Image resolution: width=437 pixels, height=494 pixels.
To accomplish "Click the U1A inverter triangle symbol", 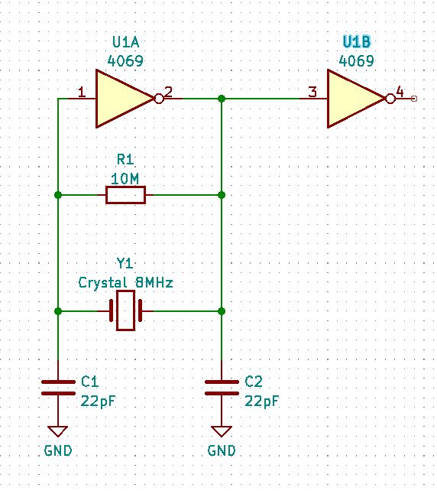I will point(122,99).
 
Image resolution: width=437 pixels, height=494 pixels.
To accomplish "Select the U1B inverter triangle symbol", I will point(354,99).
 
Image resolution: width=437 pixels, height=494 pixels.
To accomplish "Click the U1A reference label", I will point(125,42).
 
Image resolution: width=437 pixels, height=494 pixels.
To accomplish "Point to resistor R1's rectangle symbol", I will point(125,196).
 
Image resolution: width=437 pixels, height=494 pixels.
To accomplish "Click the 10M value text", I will point(125,178).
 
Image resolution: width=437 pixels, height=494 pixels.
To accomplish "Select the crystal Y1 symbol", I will point(125,311).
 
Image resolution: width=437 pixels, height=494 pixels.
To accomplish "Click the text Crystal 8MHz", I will point(126,282).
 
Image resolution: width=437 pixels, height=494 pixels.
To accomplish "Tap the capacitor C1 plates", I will point(58,388).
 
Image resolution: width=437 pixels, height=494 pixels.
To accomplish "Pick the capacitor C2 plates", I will point(222,388).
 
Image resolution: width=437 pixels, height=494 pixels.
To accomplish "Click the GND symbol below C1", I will point(58,433).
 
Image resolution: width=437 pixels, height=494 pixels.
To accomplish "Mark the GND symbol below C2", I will point(222,433).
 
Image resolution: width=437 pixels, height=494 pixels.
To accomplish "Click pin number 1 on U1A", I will point(82,93).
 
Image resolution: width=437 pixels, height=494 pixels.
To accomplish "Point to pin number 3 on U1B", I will point(312,93).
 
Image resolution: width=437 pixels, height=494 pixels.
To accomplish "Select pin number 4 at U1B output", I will point(400,91).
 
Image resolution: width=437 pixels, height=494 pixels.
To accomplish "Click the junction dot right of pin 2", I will point(222,99).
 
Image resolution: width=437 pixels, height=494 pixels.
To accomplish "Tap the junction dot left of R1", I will point(58,196).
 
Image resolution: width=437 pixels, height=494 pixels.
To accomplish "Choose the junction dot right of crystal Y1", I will point(222,311).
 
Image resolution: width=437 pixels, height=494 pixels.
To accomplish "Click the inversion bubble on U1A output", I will point(158,99).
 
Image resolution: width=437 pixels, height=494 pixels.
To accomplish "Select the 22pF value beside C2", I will point(261,401).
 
